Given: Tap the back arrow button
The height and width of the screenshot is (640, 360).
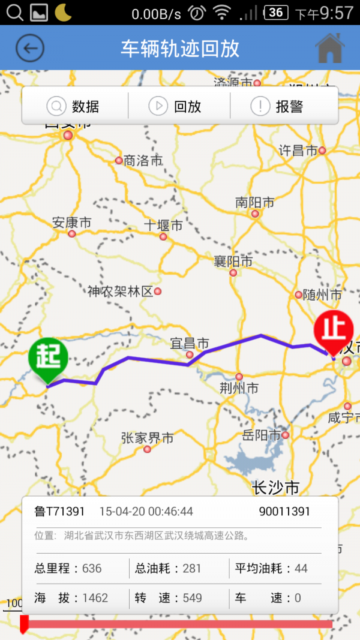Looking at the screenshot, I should click(x=30, y=48).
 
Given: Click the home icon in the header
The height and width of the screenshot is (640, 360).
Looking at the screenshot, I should click(x=330, y=48).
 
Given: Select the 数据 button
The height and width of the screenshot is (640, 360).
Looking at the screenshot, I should click(x=74, y=107).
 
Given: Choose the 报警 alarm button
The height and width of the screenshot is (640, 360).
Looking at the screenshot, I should click(x=277, y=107).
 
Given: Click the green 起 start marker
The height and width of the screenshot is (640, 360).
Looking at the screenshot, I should click(x=48, y=358).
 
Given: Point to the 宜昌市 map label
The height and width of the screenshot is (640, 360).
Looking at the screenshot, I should click(x=190, y=344).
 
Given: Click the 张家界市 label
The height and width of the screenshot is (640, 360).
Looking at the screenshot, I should click(x=147, y=438).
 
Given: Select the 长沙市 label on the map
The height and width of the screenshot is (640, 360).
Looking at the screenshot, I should click(x=275, y=488).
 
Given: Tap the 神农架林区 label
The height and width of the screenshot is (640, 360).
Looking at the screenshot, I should click(x=121, y=292).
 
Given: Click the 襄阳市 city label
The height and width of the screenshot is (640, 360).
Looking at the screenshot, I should click(x=233, y=262).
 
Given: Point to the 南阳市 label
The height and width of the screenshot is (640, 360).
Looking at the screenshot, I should click(x=254, y=203).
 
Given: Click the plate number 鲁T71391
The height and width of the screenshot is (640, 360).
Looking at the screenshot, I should click(x=59, y=512).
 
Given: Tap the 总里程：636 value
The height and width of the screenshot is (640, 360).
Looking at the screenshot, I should click(x=68, y=568).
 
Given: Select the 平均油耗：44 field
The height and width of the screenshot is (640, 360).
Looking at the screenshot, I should click(x=271, y=568).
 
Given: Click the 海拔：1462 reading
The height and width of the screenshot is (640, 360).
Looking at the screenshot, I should click(x=71, y=598).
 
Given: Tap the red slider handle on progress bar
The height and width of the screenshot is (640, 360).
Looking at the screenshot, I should click(x=24, y=624).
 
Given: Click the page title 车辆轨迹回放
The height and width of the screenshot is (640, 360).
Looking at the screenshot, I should click(x=180, y=48).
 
